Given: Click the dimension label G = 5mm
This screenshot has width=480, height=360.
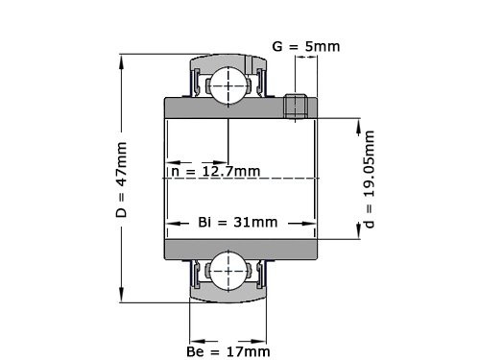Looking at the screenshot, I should [305, 46].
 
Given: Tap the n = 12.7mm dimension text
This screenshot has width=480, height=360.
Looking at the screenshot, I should [215, 172].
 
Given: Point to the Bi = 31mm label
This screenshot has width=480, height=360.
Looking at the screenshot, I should [238, 222].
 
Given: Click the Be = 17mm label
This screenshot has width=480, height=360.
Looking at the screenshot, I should [229, 352].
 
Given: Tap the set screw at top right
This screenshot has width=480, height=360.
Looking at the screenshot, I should [298, 107].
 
